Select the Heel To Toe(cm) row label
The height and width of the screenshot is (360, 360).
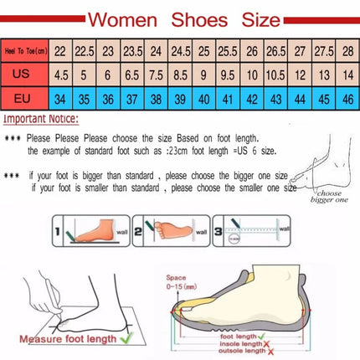[x=26, y=52]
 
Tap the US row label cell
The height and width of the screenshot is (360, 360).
[x=26, y=75]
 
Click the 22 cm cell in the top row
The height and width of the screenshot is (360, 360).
[x=60, y=52]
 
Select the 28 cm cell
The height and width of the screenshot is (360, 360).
[x=347, y=52]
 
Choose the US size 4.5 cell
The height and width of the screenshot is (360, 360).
[x=60, y=75]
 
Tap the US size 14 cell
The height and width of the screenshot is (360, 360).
[x=347, y=75]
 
